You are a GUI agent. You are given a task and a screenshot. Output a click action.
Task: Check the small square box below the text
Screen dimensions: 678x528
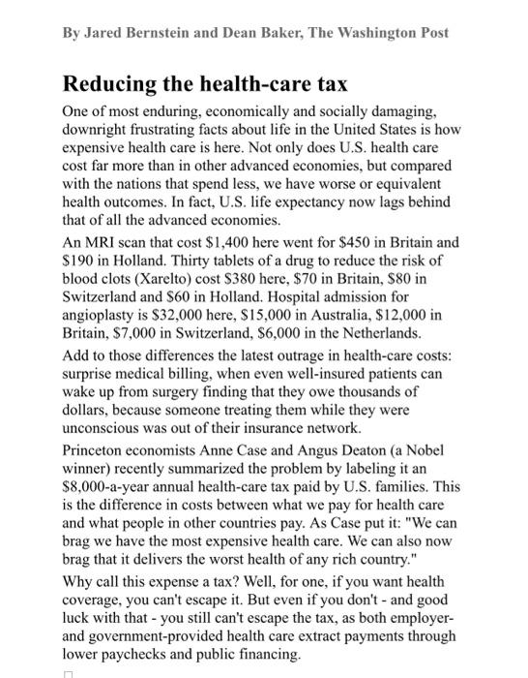(x=68, y=673)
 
